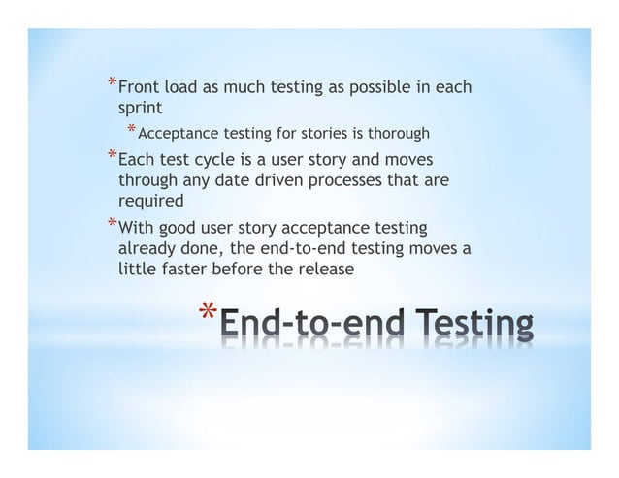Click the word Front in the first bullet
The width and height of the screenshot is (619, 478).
coord(138,88)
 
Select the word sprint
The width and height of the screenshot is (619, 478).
coord(140,108)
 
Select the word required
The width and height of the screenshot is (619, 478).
coord(150,201)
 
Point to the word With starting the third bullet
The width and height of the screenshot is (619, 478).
coord(137,228)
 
